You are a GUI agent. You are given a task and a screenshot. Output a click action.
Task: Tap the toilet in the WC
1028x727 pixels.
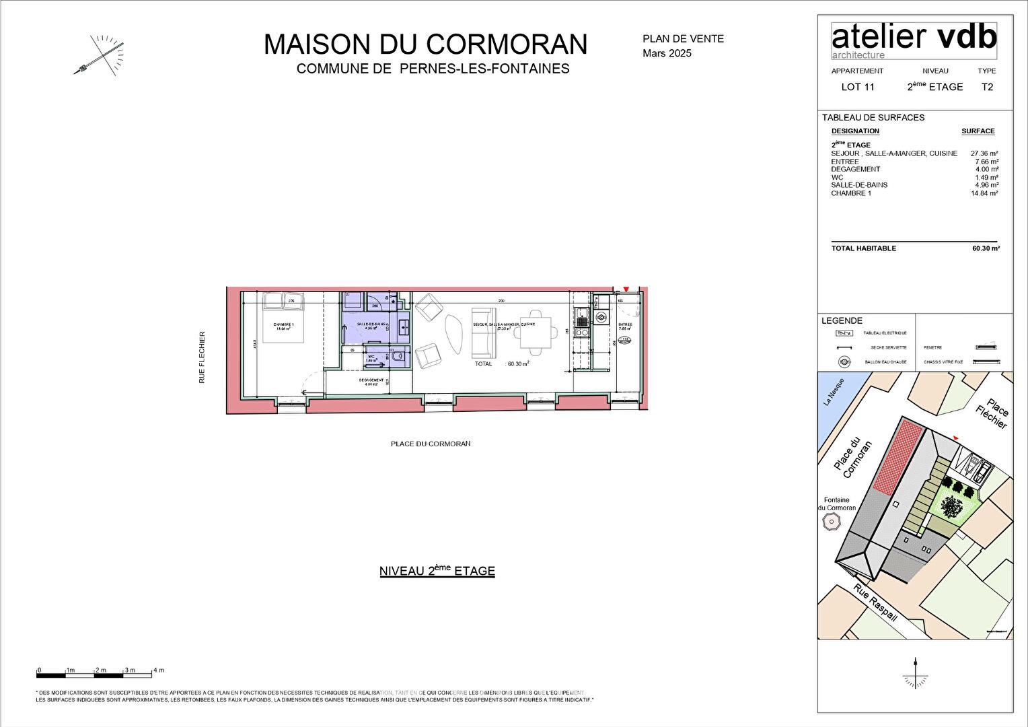(398, 357)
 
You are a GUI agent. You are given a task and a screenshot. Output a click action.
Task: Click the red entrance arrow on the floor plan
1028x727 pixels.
(626, 289)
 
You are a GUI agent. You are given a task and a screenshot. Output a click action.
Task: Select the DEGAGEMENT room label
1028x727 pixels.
(371, 380)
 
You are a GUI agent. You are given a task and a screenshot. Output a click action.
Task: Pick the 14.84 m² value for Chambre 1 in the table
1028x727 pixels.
(984, 193)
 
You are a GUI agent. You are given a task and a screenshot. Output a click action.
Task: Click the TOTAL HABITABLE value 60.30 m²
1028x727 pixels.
(985, 248)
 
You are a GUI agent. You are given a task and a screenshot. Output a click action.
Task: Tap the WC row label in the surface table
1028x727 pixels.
(837, 178)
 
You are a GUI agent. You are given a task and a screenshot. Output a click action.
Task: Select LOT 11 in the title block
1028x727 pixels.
(858, 87)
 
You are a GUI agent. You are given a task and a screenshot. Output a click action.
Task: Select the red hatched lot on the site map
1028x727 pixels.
(895, 455)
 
